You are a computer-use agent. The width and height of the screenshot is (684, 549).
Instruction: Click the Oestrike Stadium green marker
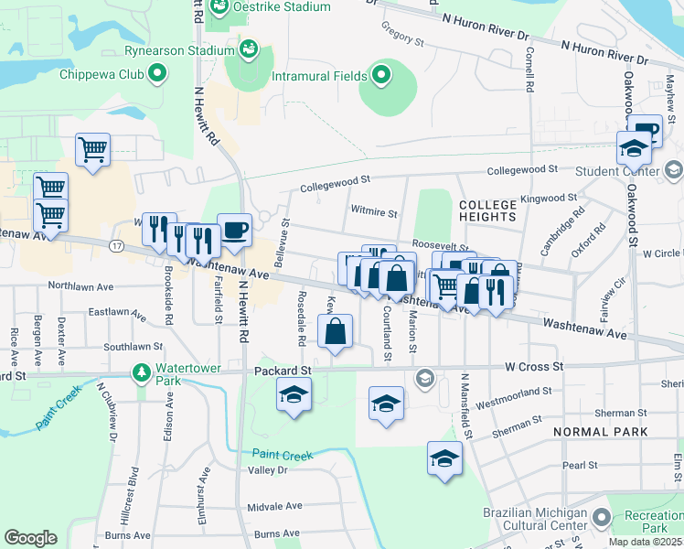pos(219,8)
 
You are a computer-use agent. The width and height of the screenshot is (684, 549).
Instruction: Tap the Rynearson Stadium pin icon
pos(247,48)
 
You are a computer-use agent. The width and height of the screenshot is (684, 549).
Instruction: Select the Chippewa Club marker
pos(157,71)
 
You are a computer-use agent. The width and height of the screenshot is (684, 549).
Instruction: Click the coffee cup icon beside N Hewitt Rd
pos(234,231)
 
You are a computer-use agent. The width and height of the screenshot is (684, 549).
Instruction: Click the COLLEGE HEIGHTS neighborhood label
pos(487,210)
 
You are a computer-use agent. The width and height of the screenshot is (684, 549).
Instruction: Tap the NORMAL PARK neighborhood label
pos(600,431)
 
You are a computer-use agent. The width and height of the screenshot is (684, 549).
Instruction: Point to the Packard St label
pos(282,371)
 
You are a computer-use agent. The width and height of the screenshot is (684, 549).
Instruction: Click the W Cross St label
pos(533,367)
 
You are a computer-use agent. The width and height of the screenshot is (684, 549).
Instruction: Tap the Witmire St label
pos(374,213)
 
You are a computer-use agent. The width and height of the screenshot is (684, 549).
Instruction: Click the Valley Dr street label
pos(268,469)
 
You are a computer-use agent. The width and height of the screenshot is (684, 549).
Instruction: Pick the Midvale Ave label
pos(274,506)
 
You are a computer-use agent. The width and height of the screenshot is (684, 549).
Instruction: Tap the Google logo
pos(30,538)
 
